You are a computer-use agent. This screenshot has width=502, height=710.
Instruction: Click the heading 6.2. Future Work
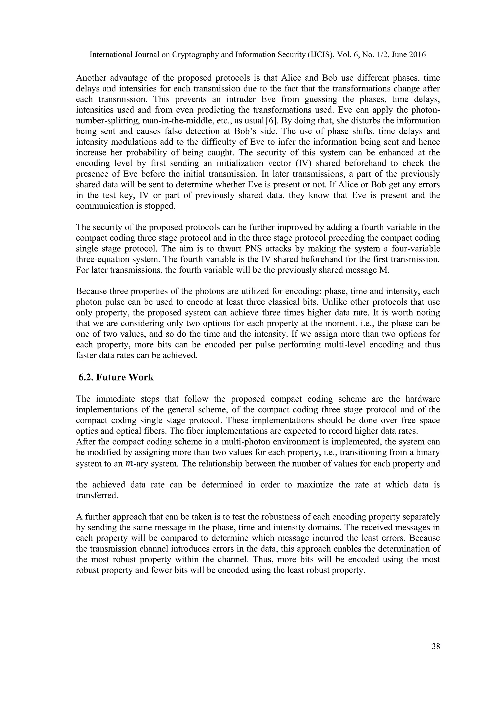pyautogui.click(x=116, y=377)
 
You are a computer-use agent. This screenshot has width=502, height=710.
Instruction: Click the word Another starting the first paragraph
pyautogui.click(x=91, y=78)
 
